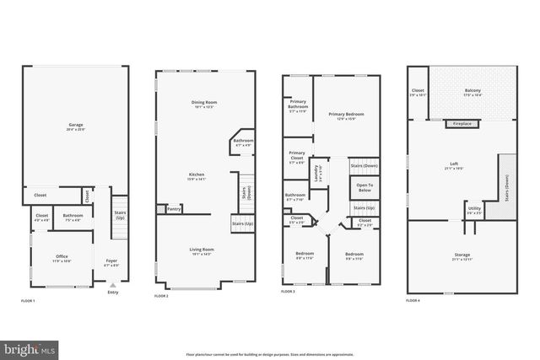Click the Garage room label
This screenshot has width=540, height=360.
pyautogui.click(x=76, y=126)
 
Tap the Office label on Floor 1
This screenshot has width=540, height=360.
pyautogui.click(x=62, y=256)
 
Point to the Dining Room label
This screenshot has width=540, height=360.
pyautogui.click(x=205, y=102)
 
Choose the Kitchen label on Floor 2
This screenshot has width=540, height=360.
pyautogui.click(x=196, y=175)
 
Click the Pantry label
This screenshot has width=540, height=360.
pyautogui.click(x=175, y=208)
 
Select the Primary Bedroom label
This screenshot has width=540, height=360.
pyautogui.click(x=346, y=114)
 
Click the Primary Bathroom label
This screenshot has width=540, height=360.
pyautogui.click(x=297, y=105)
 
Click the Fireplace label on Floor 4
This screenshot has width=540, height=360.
pyautogui.click(x=462, y=124)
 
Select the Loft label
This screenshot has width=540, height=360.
pyautogui.click(x=453, y=164)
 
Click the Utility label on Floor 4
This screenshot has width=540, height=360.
pyautogui.click(x=474, y=207)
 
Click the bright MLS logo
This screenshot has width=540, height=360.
pyautogui.click(x=30, y=347)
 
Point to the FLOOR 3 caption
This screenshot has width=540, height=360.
pyautogui.click(x=289, y=291)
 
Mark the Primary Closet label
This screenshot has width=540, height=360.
pyautogui.click(x=296, y=155)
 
